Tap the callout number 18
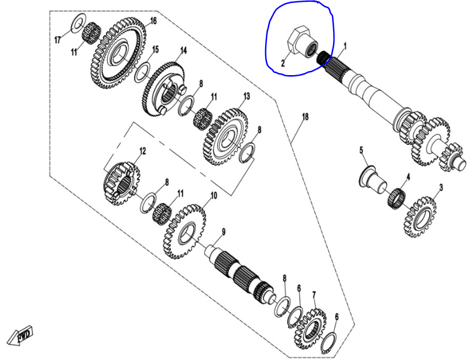(x=305, y=116)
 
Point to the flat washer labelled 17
(x=77, y=24)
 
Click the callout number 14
(x=183, y=50)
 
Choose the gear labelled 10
(x=185, y=230)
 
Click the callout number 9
(x=222, y=232)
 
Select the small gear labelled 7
(x=310, y=328)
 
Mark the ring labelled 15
(x=142, y=70)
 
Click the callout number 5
(x=361, y=150)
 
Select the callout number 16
(x=153, y=20)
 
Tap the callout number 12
(x=143, y=151)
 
